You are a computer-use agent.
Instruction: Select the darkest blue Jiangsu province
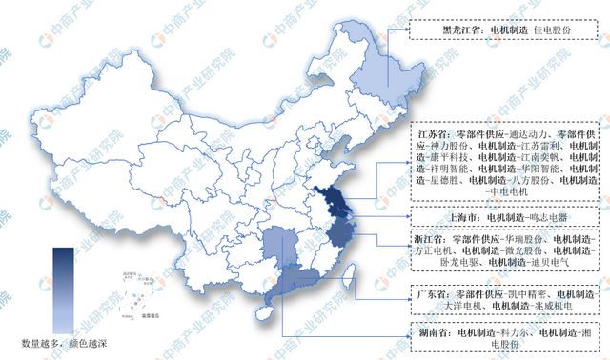[x=335, y=201]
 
